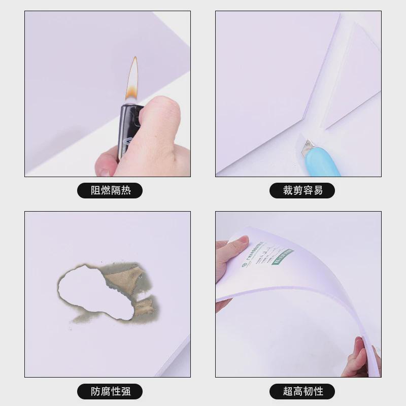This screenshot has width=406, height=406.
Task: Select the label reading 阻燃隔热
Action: [110, 191]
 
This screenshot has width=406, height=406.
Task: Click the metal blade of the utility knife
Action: [308, 148]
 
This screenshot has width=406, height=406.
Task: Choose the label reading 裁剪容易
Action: [302, 191]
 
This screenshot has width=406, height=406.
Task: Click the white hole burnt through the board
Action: [94, 292]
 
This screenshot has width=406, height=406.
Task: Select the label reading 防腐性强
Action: [110, 391]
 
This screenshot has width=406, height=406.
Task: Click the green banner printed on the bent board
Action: [282, 257]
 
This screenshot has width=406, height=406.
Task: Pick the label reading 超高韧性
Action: [302, 391]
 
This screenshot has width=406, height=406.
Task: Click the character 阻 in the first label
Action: [95, 191]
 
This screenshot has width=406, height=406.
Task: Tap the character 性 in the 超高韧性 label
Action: [317, 391]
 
